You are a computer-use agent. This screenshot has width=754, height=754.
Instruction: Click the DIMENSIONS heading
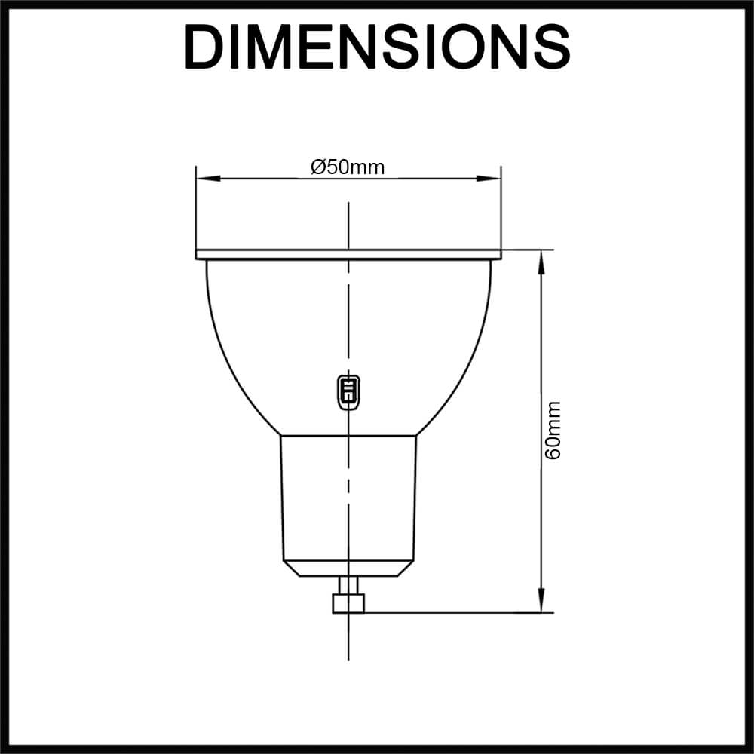(x=378, y=47)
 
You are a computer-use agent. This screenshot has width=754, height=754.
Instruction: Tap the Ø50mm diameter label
(x=348, y=167)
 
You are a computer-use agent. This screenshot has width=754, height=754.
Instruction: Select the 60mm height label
(x=553, y=431)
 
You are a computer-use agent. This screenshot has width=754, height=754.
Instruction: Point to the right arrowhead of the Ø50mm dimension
(x=489, y=179)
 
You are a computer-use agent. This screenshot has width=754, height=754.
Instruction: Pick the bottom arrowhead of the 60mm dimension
(x=541, y=600)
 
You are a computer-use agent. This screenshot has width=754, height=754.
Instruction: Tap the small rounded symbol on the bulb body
(x=348, y=392)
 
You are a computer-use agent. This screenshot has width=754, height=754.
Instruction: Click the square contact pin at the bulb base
(x=348, y=603)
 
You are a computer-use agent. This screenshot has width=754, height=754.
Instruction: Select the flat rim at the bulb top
(x=348, y=255)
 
